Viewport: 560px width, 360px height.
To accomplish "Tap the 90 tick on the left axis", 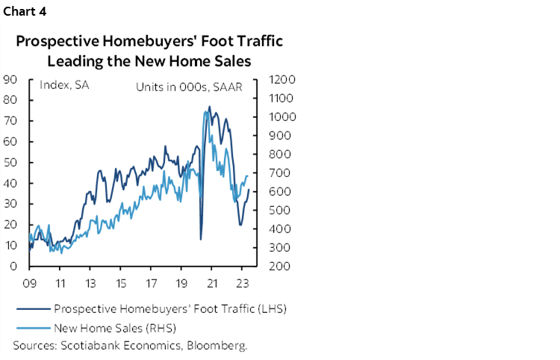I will pyautogui.click(x=10, y=79).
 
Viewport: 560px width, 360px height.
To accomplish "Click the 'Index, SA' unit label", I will pyautogui.click(x=64, y=86).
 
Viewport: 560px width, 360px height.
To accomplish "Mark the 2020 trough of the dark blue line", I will pyautogui.click(x=201, y=239).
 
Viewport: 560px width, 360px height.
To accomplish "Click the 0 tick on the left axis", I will pyautogui.click(x=13, y=266).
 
